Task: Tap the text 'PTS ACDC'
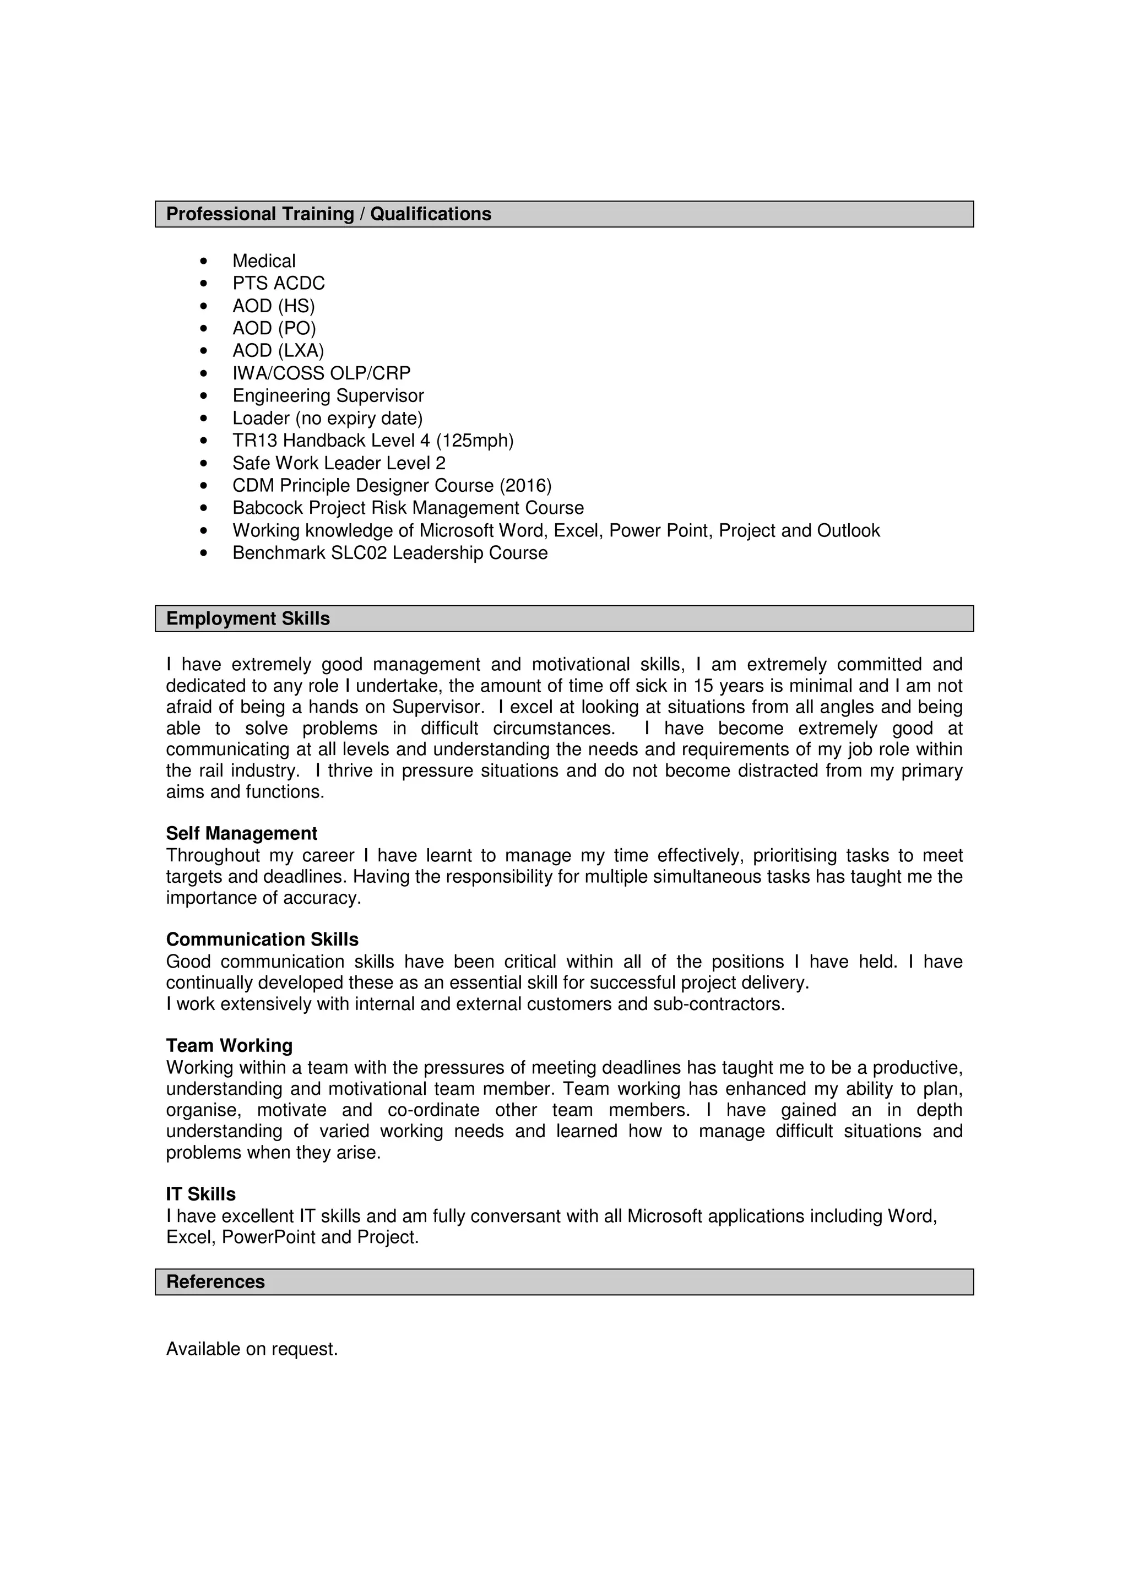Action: tap(278, 283)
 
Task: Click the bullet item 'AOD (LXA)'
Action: tap(278, 350)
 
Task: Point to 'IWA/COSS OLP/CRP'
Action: tap(321, 373)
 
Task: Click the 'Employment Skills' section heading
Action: tap(247, 618)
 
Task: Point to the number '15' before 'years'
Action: tap(703, 686)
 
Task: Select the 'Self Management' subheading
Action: tap(241, 833)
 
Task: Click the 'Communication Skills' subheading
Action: tap(262, 939)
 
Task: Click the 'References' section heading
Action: tap(215, 1282)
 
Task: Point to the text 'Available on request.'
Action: tap(252, 1349)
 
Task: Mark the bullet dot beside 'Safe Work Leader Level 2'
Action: tap(204, 463)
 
